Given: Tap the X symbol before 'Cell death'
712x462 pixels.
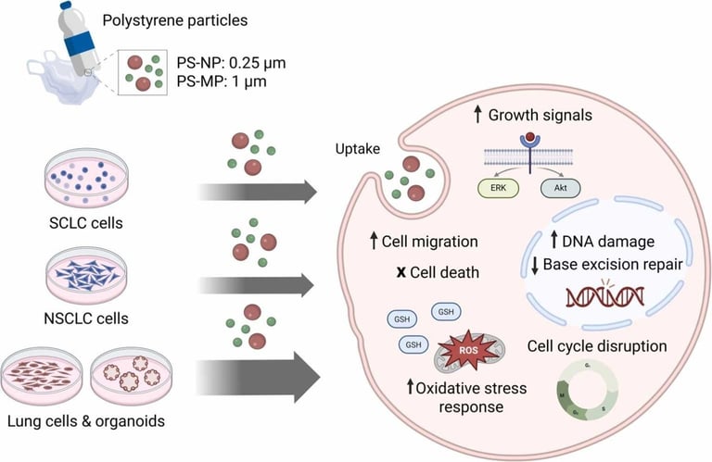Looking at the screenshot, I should coord(373,274).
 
